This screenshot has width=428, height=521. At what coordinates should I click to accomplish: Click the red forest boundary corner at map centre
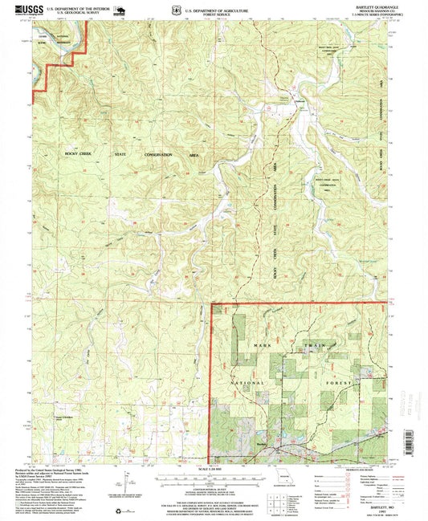click(211, 305)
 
